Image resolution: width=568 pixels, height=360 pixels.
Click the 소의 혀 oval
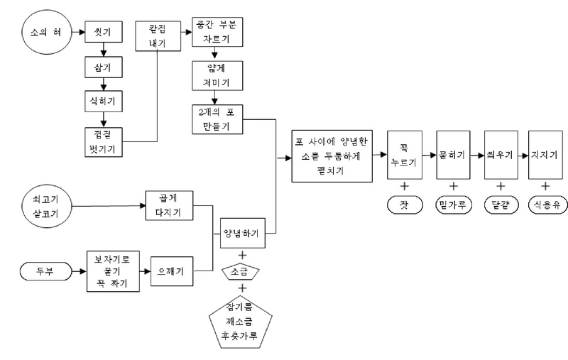(44, 33)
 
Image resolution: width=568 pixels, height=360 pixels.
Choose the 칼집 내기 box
(156, 33)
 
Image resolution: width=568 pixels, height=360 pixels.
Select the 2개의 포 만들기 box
(217, 119)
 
